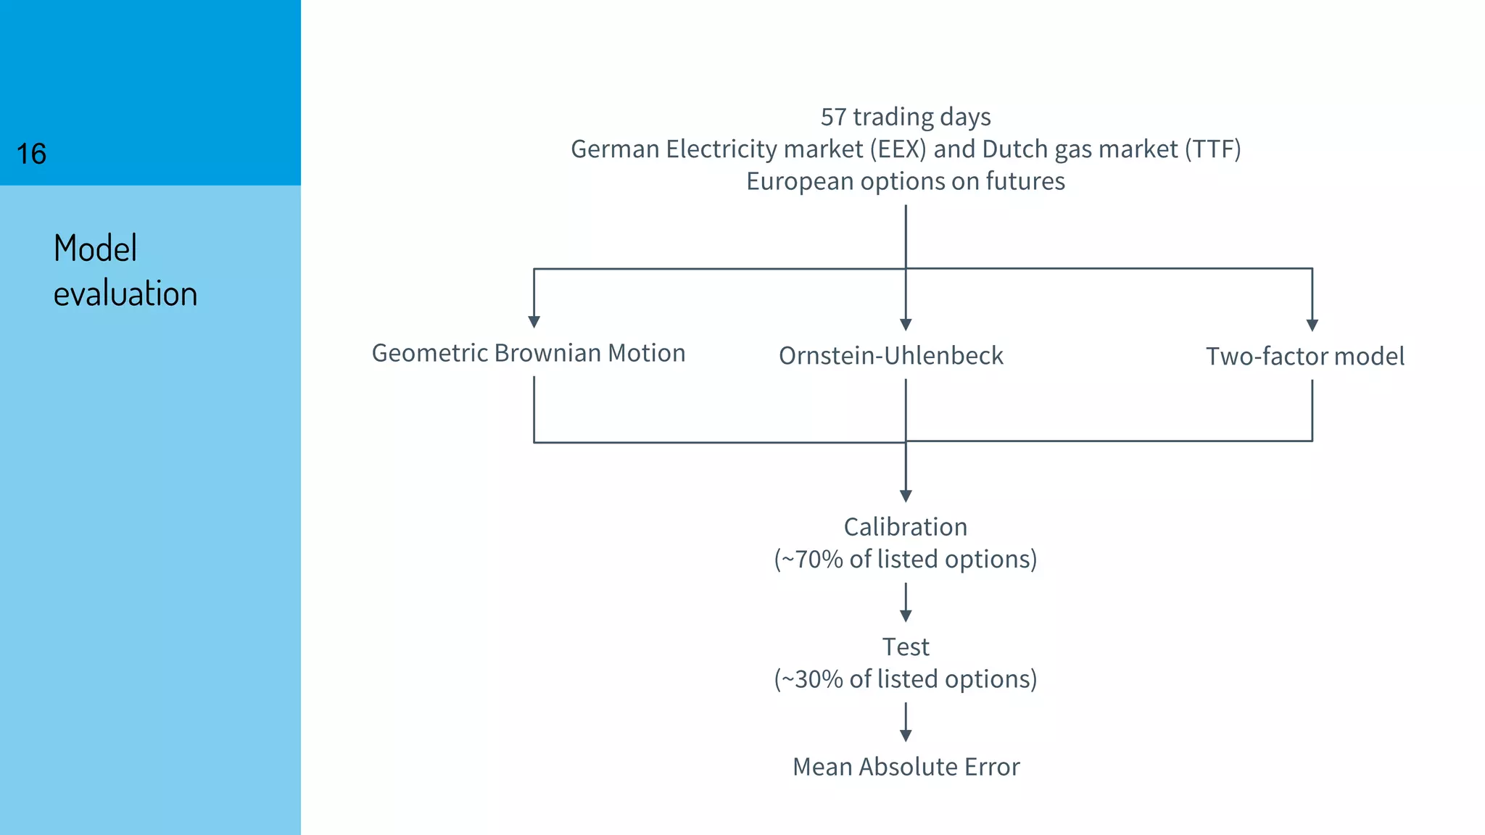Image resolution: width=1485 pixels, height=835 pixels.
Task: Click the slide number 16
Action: [31, 154]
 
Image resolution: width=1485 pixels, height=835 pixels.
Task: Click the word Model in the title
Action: [95, 249]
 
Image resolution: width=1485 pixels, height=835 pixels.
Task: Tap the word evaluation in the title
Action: [125, 294]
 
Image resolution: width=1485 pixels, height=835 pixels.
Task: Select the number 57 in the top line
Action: [833, 117]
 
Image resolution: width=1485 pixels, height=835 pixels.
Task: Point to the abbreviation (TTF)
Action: [1212, 149]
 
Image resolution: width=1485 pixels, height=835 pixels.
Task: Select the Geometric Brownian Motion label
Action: [529, 353]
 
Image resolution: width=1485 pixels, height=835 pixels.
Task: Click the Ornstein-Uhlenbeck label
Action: [890, 356]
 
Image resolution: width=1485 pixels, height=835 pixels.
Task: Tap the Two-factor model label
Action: [1304, 357]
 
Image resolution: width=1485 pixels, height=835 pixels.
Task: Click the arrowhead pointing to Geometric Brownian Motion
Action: [534, 322]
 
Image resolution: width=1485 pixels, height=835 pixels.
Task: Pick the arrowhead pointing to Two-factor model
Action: [1312, 325]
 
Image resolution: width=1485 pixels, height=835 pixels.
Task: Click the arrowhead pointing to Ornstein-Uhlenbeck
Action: [906, 325]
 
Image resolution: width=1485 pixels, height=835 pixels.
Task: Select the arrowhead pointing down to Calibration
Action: [906, 497]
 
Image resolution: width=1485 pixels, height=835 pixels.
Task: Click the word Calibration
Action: [906, 527]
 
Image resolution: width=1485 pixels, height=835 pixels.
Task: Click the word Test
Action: [906, 647]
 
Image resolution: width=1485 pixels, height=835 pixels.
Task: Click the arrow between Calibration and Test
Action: [906, 603]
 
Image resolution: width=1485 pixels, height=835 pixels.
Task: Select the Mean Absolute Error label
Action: [906, 767]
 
